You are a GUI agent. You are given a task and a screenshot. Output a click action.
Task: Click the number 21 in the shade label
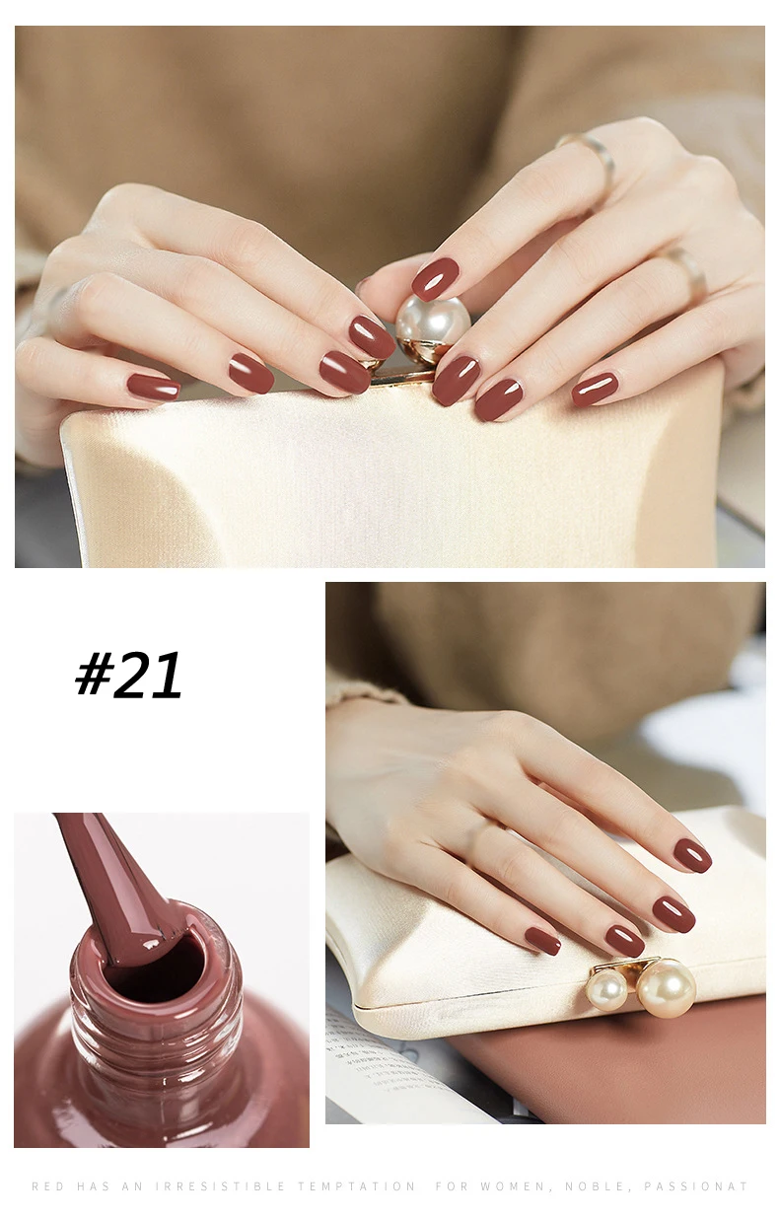148,676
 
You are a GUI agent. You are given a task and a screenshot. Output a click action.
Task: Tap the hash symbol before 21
95,674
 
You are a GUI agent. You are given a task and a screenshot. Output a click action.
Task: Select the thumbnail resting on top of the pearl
435,279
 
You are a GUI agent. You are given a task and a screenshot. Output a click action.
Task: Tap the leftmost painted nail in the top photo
153,387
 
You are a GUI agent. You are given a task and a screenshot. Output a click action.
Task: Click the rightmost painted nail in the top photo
595,389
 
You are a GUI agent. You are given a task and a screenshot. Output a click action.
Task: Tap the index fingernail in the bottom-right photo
692,855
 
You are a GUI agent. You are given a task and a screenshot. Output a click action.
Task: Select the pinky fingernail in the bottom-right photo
542,941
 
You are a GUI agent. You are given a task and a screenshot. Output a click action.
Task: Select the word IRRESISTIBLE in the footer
220,1185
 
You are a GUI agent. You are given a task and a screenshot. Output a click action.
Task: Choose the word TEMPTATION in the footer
357,1185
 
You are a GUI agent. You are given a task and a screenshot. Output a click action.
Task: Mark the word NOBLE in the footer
598,1186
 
